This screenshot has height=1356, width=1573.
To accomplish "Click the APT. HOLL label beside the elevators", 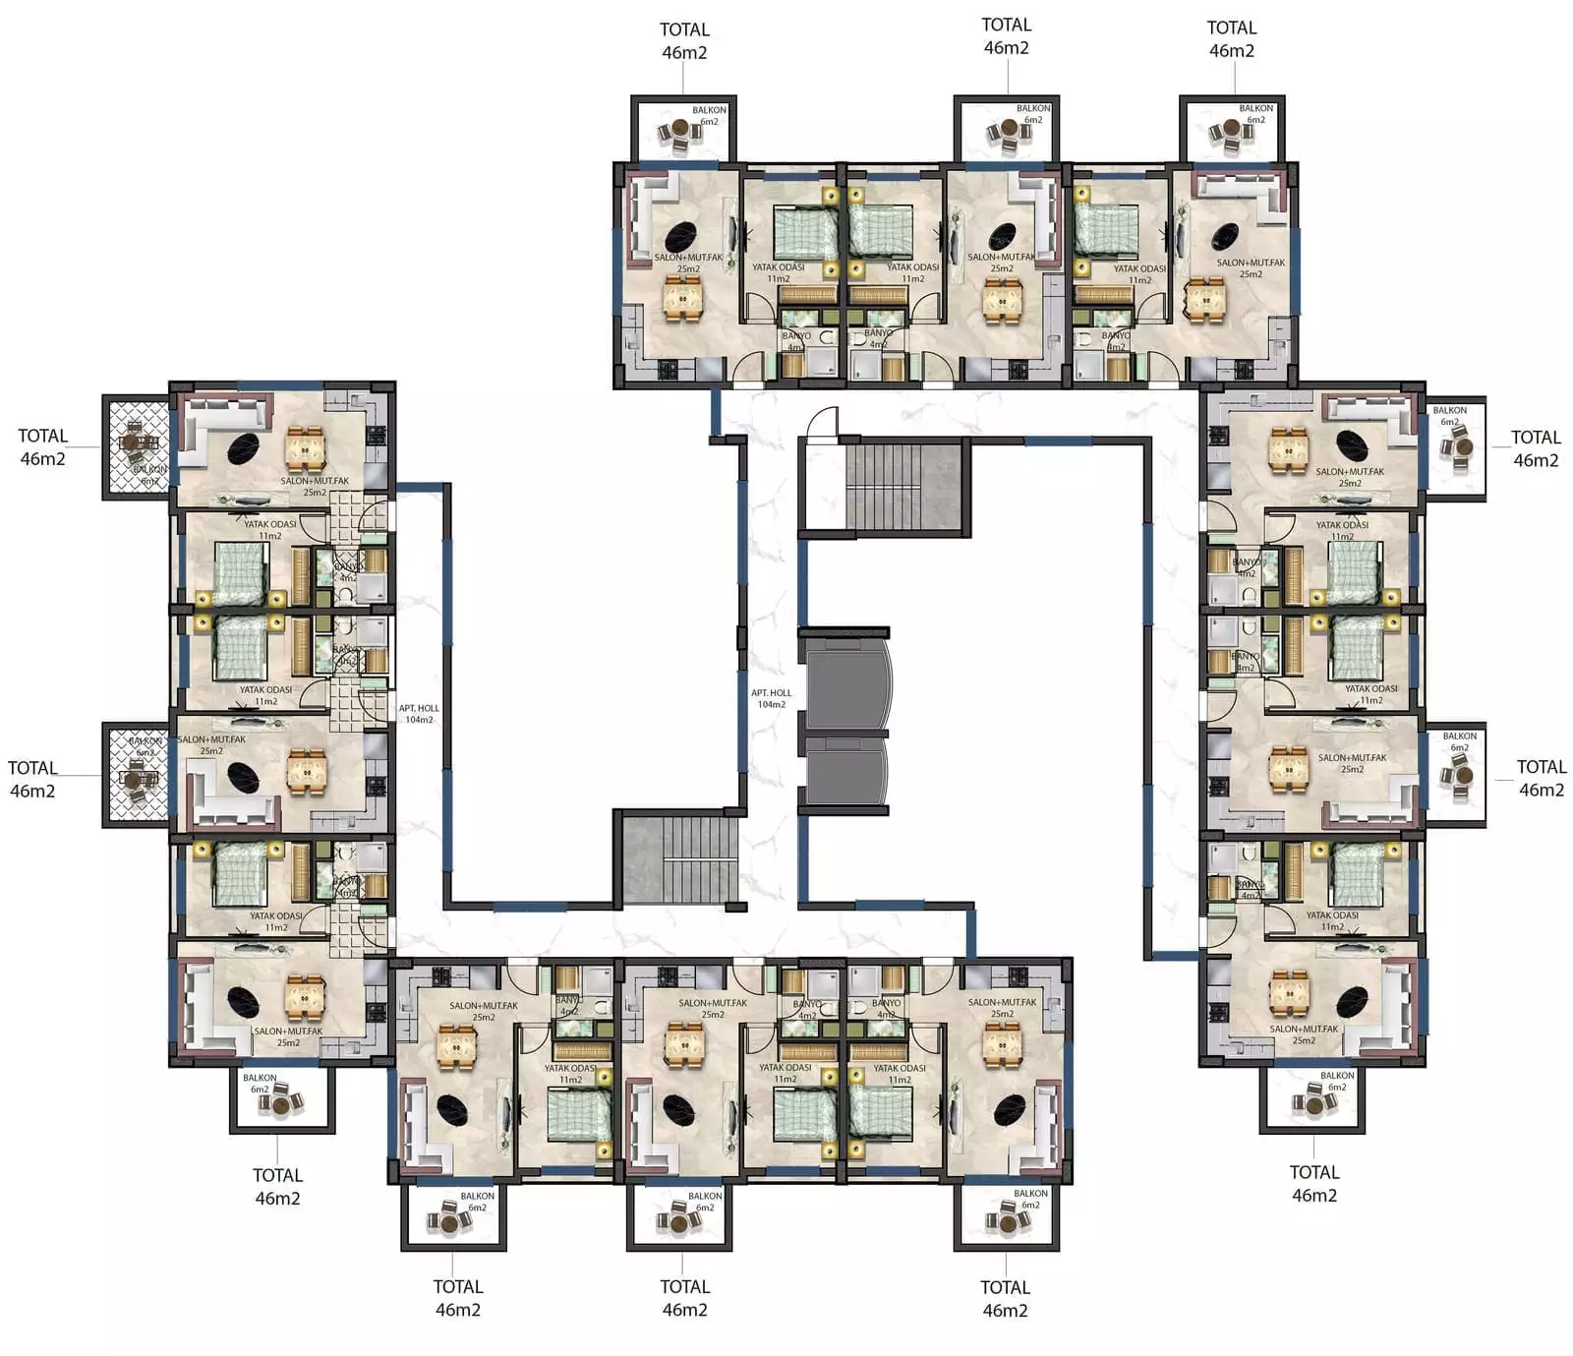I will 771,698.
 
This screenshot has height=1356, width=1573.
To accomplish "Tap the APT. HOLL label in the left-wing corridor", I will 419,714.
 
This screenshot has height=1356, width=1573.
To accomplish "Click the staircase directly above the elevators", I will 903,488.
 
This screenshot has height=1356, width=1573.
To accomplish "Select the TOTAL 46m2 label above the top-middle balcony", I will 1006,36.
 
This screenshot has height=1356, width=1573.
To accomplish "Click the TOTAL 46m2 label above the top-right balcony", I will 1231,39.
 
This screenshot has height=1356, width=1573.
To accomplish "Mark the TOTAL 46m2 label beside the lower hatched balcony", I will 32,779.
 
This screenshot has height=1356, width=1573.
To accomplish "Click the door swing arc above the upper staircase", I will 821,423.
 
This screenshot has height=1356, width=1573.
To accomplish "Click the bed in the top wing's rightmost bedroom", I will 1106,230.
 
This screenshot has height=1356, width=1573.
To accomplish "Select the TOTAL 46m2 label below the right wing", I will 1313,1184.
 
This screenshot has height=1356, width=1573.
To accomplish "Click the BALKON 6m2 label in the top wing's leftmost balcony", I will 709,116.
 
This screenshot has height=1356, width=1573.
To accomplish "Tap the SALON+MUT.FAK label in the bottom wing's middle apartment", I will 713,1009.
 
